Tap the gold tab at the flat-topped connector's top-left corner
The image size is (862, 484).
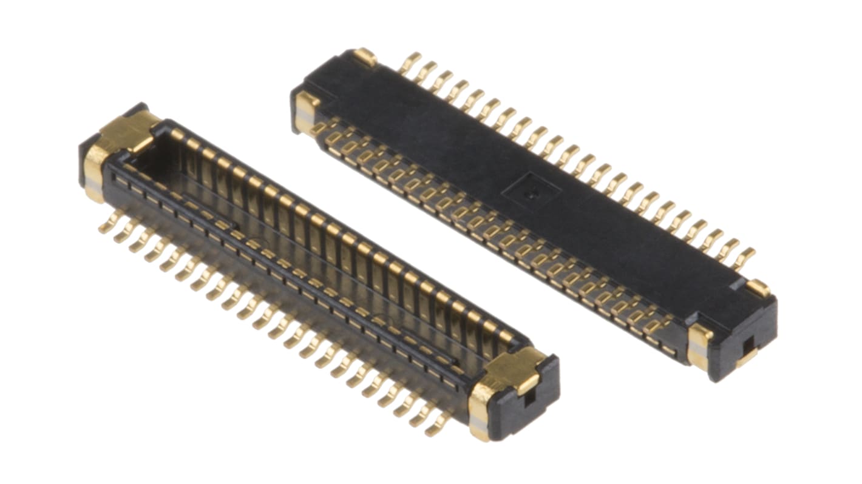pos(365,57)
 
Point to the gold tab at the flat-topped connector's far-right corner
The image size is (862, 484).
pos(758,287)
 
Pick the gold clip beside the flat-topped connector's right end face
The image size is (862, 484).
pos(699,346)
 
